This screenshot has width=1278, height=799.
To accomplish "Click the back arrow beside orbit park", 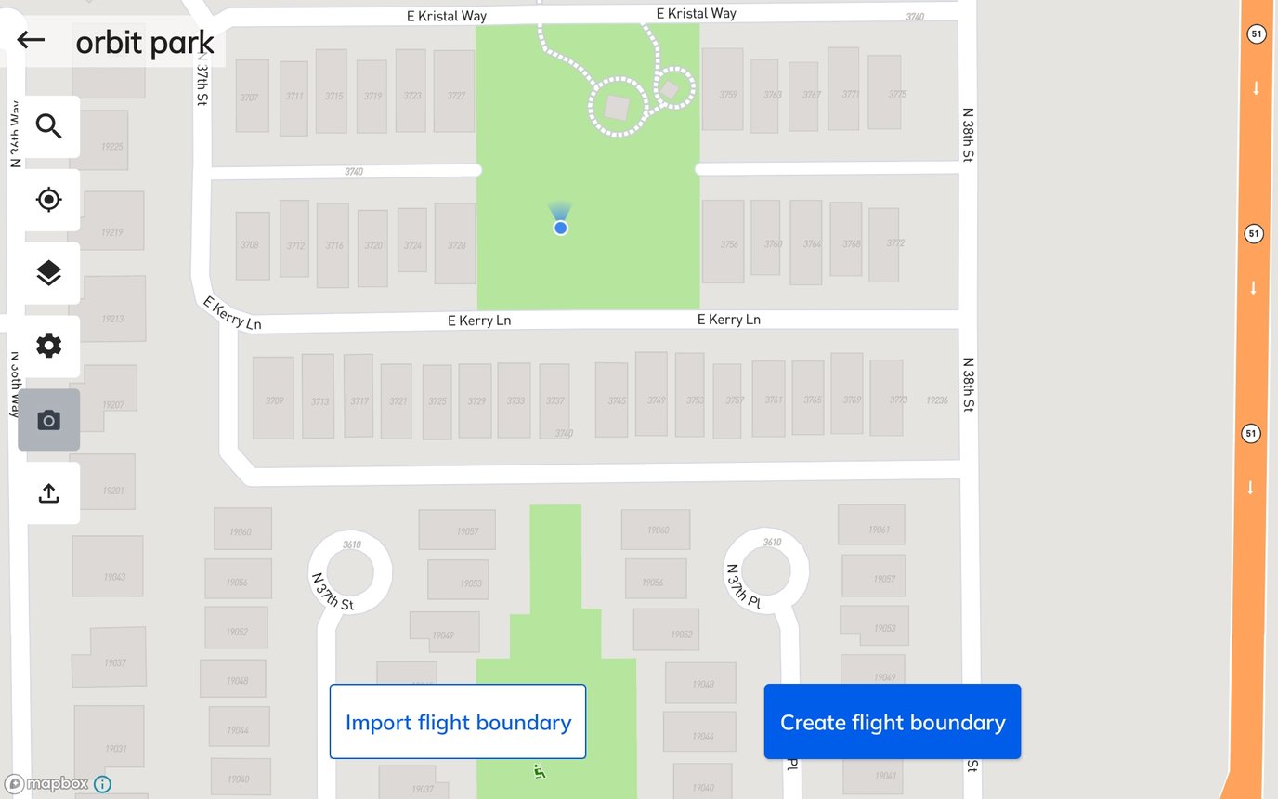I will coord(31,40).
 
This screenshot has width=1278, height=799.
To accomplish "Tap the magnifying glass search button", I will coord(48,126).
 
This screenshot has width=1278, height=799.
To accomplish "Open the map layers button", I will coord(48,273).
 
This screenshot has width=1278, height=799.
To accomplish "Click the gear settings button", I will coord(48,347).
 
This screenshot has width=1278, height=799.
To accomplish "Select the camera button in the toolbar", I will coord(48,420).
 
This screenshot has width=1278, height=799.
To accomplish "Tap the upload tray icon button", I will coord(48,493).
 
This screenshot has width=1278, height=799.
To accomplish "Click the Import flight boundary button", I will coord(458,722).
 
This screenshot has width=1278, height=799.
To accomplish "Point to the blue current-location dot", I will coord(560,228).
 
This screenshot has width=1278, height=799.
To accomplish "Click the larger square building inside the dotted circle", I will coord(617,108).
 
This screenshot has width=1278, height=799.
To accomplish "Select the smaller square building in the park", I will coord(669,90).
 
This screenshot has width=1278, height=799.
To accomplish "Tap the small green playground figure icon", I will coord(539,771).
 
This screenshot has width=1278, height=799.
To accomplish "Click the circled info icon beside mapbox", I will coord(102,784).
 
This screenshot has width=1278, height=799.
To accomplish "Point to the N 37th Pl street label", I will coord(744,585).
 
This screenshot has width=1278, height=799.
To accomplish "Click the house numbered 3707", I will coord(251,97).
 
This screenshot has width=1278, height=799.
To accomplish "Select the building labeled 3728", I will coord(455,244).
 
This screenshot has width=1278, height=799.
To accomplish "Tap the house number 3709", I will coord(274,400).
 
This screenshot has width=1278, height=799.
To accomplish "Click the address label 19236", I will coord(937,400).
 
